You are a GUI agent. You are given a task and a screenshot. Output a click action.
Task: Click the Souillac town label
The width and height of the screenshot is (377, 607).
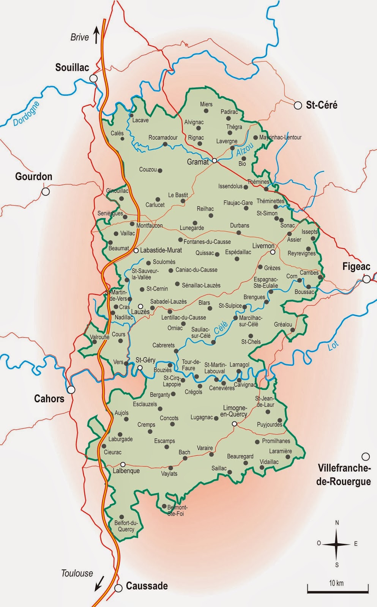click(72, 68)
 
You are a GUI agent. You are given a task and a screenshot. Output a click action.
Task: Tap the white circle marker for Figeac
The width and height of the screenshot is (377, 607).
click(366, 279)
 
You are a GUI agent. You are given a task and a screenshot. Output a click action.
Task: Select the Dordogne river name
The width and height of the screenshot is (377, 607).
click(26, 114)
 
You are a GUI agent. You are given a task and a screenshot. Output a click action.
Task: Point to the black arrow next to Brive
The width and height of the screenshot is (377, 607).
click(96, 35)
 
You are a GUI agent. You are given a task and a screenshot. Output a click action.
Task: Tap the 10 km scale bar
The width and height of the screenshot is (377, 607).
click(338, 591)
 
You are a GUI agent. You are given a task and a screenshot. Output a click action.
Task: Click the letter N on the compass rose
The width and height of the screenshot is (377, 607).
click(337, 523)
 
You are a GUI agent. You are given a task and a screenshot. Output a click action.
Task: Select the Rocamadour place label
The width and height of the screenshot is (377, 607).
click(163, 137)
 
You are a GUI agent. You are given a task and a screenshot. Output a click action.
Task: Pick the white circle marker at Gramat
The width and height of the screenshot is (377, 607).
click(214, 160)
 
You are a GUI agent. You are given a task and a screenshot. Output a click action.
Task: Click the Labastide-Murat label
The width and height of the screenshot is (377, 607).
click(161, 250)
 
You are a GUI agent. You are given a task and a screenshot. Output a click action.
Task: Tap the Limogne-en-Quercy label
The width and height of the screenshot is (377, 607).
click(235, 411)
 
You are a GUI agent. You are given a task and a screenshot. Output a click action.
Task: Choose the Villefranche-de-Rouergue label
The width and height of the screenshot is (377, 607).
click(344, 475)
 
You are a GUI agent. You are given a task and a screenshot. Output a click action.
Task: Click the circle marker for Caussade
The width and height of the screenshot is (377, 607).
click(118, 588)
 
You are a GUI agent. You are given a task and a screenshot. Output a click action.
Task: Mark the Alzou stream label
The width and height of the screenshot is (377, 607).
click(244, 149)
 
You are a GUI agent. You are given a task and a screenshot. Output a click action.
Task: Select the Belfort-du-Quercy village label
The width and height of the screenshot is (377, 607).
click(126, 526)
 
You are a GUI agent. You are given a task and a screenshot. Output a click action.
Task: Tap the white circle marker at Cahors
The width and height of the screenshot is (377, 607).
click(71, 390)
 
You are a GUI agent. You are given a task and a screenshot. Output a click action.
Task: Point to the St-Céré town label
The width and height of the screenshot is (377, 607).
click(322, 105)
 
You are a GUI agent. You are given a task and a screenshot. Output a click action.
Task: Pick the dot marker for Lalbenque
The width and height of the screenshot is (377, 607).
click(123, 464)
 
